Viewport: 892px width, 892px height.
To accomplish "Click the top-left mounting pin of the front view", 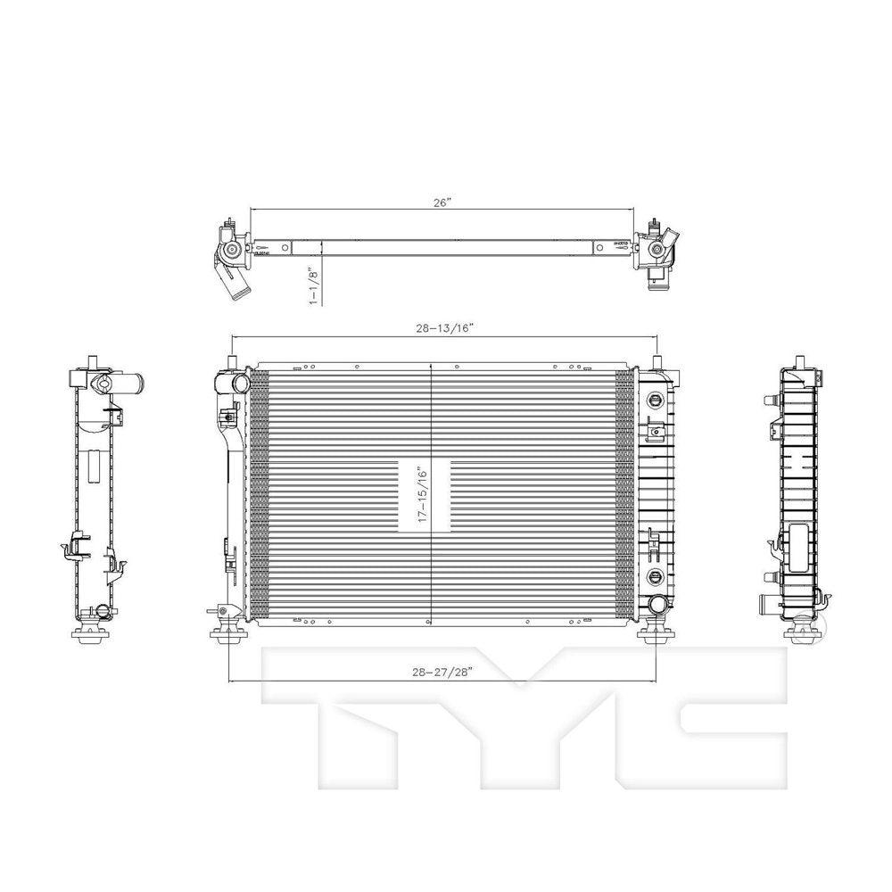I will click(230, 361).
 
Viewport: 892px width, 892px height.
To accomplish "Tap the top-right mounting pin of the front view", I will click(657, 361).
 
